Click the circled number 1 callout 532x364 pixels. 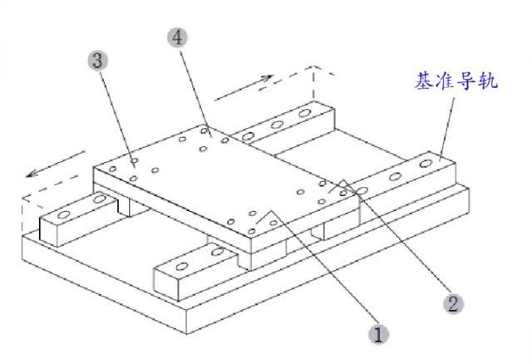click(x=378, y=335)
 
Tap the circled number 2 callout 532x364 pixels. click(x=452, y=302)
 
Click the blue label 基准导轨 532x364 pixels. click(x=458, y=81)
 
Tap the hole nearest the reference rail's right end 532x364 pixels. click(x=426, y=165)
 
